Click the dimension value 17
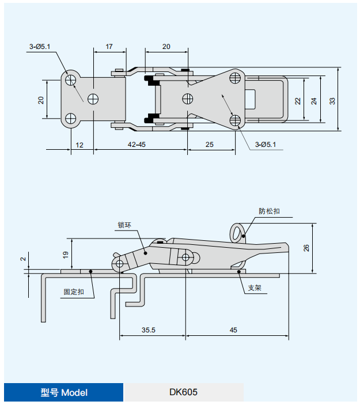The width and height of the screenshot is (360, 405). click(109, 46)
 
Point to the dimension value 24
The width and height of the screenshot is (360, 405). click(314, 100)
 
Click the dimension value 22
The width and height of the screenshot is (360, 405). click(298, 100)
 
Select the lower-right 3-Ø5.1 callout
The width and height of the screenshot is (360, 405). click(266, 144)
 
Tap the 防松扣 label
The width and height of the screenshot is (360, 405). click(268, 212)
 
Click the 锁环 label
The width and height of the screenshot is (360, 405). click(126, 225)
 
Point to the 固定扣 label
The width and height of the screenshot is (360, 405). click(74, 292)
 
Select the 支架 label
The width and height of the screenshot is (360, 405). click(254, 287)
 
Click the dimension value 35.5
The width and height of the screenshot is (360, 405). click(148, 330)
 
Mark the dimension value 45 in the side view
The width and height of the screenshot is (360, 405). click(233, 330)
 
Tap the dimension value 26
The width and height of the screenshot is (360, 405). click(306, 247)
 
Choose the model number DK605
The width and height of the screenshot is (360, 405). click(183, 392)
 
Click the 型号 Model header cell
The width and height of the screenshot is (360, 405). click(64, 392)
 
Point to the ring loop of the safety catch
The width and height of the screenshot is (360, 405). click(238, 232)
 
